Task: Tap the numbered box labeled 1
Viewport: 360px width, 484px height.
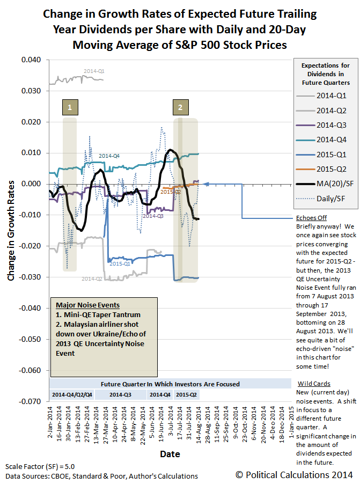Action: (x=70, y=107)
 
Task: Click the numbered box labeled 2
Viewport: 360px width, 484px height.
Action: (x=180, y=107)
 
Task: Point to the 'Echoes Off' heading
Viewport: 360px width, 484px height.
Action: (x=311, y=218)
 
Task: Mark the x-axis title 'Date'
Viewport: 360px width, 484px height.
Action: (x=169, y=454)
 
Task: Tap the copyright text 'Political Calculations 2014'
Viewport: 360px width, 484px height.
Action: (x=294, y=475)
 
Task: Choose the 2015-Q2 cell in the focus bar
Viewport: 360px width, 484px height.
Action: (x=187, y=394)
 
